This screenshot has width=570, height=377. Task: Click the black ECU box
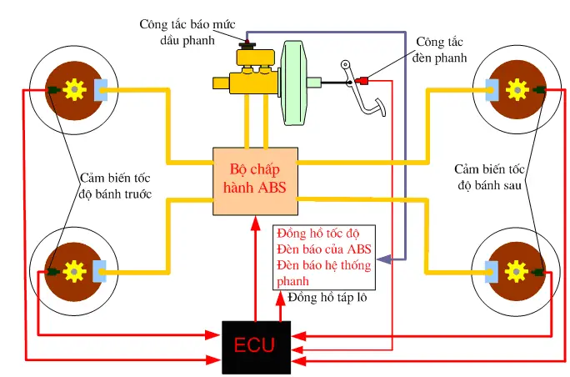pyautogui.click(x=252, y=344)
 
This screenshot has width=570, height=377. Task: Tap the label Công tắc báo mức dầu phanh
pyautogui.click(x=177, y=30)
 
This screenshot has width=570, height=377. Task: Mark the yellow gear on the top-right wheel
pyautogui.click(x=514, y=87)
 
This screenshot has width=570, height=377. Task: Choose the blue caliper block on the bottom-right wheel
pyautogui.click(x=492, y=270)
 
